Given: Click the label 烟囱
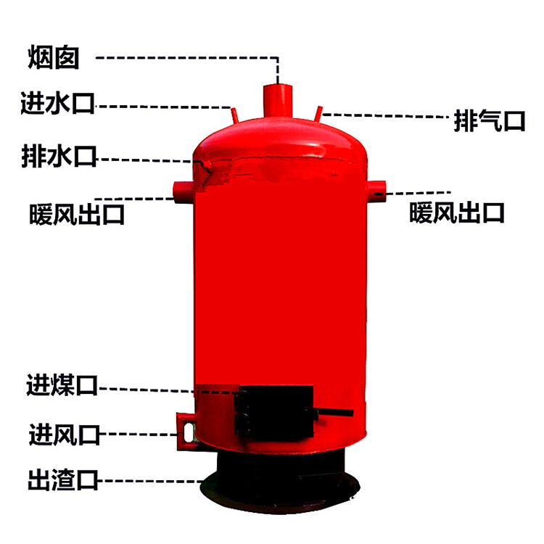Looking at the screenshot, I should pyautogui.click(x=54, y=57).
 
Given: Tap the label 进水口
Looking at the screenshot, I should pyautogui.click(x=58, y=105).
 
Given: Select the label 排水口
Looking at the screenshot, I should pyautogui.click(x=59, y=157).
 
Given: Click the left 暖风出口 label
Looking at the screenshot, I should pyautogui.click(x=77, y=214).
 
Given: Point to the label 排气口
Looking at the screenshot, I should pyautogui.click(x=489, y=120).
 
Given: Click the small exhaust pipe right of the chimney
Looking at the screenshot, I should pyautogui.click(x=319, y=114).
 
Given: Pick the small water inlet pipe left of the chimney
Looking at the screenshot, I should pyautogui.click(x=234, y=114).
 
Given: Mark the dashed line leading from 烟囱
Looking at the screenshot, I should pyautogui.click(x=189, y=57).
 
